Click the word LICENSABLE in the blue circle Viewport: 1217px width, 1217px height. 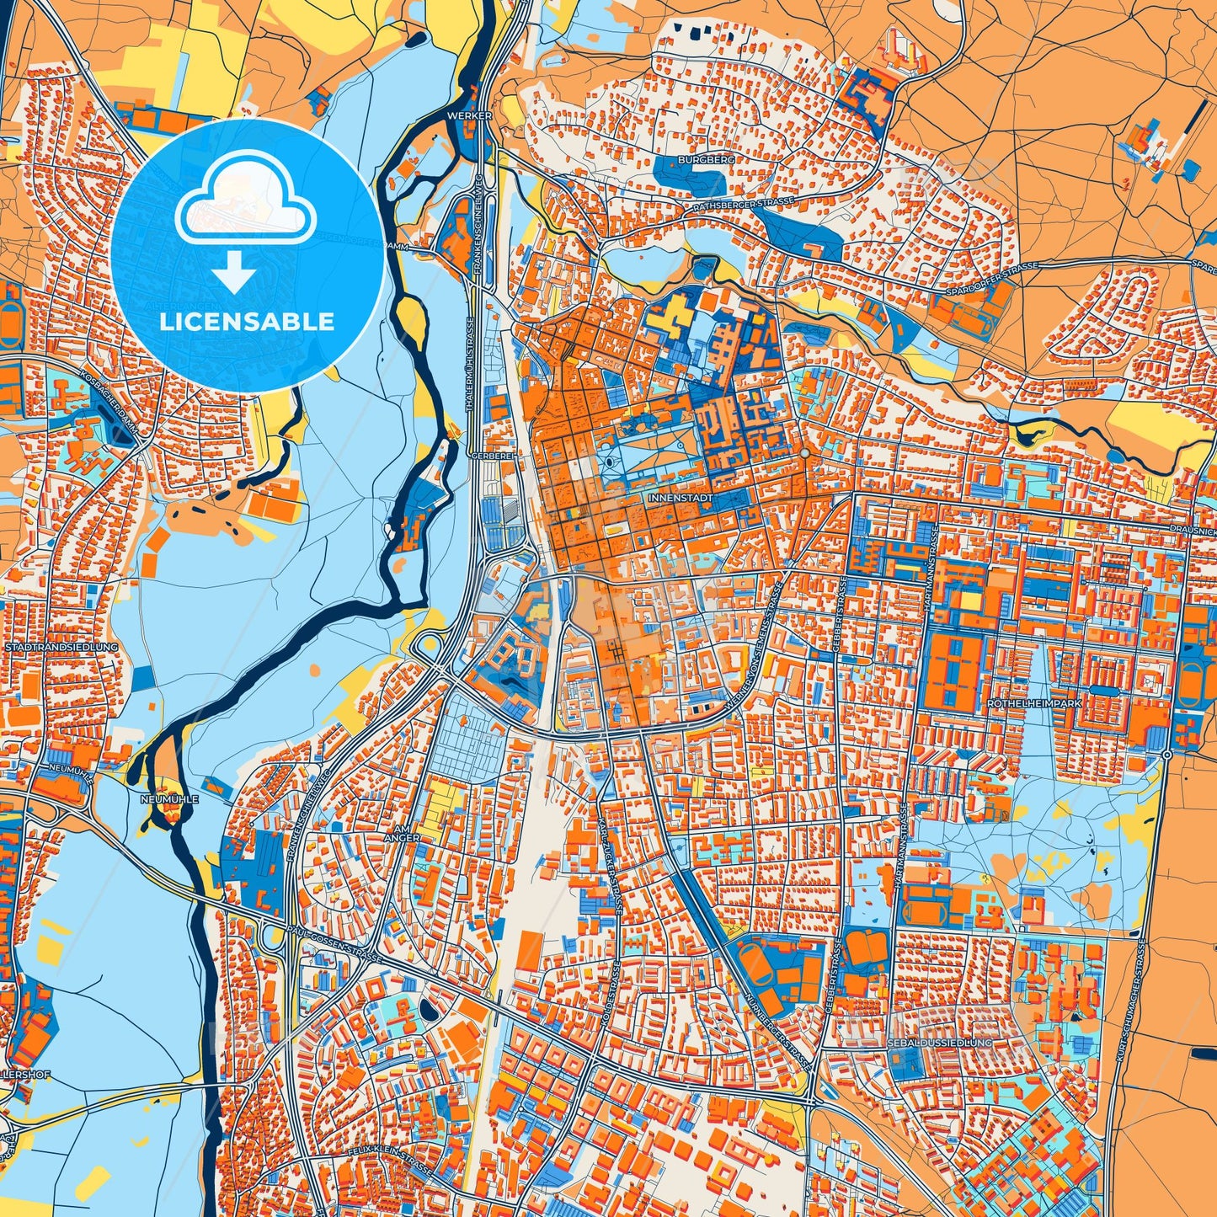(x=247, y=322)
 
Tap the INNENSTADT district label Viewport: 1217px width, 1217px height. (x=681, y=499)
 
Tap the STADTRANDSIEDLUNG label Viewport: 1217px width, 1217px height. (x=61, y=647)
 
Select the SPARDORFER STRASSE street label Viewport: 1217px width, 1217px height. (x=994, y=270)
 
